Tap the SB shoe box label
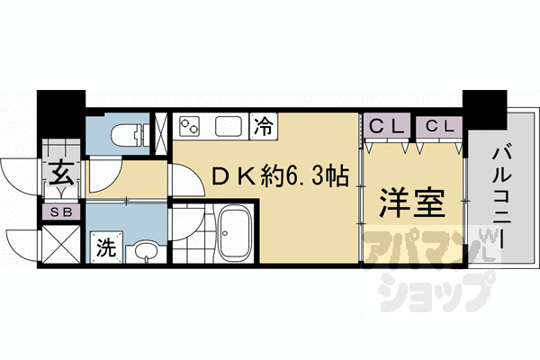coord(62,212)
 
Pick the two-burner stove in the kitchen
coord(191,126)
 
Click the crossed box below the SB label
coord(62,244)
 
